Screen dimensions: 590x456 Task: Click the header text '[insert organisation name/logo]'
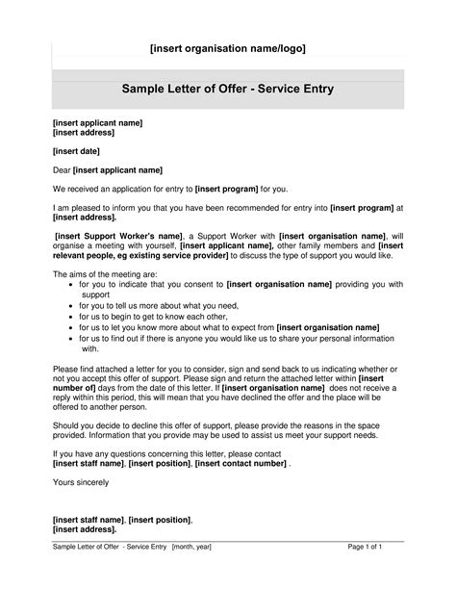(227, 48)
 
